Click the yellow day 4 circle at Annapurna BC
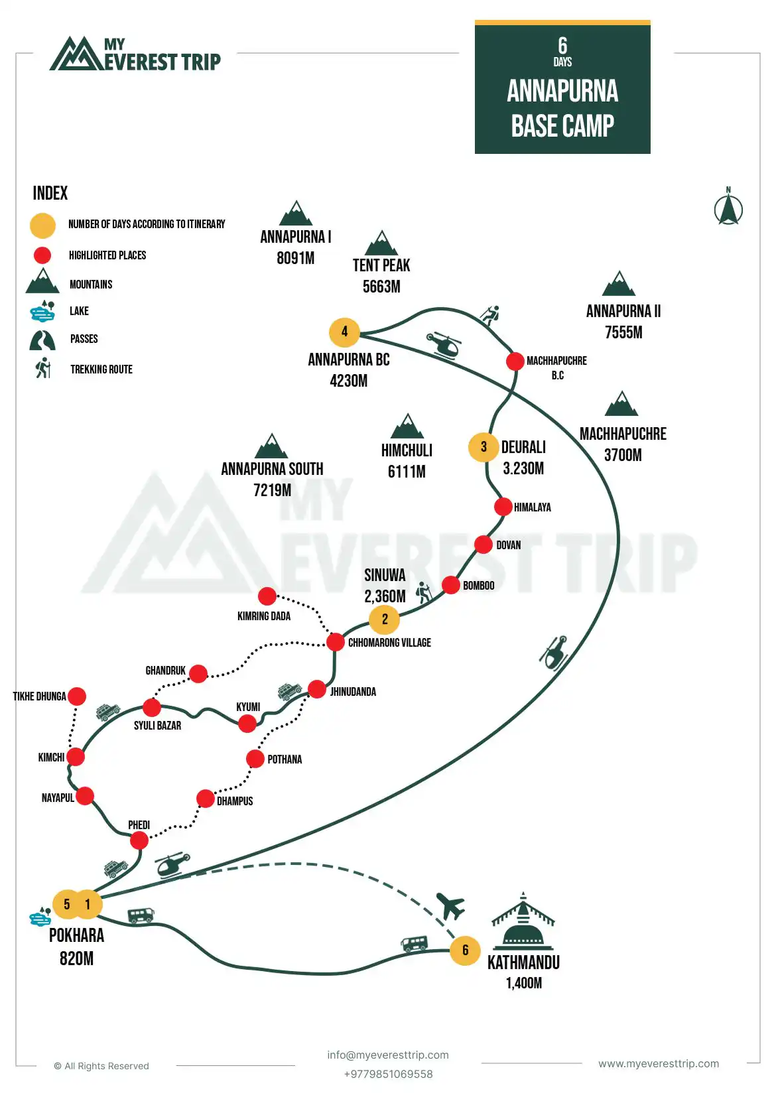[344, 332]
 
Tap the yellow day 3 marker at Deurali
[484, 447]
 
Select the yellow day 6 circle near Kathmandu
[465, 951]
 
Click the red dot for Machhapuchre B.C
[515, 362]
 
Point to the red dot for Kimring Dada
[267, 596]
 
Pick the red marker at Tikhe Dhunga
[77, 696]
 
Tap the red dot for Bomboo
[451, 585]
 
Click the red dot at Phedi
[139, 841]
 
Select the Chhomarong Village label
[389, 643]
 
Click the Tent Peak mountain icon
[381, 243]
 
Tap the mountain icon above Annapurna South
[271, 446]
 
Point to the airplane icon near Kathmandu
[450, 906]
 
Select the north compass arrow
[728, 208]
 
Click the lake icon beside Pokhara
[41, 917]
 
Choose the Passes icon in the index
[42, 340]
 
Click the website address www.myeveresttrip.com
[659, 1063]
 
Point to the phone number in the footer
[388, 1074]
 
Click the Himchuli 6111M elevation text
[407, 472]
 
